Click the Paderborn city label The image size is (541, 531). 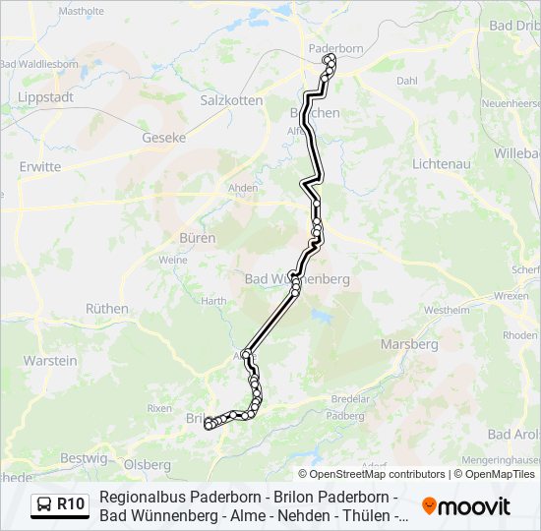click(336, 47)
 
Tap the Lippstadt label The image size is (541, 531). click(46, 98)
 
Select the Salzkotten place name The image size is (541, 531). click(231, 100)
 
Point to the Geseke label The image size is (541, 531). click(164, 138)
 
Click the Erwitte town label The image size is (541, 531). click(40, 167)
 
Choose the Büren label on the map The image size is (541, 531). click(197, 238)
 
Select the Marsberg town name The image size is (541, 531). click(410, 344)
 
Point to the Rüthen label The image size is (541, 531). click(107, 308)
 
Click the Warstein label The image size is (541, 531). click(50, 361)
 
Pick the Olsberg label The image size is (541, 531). click(148, 463)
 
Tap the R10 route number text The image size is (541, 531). click(71, 505)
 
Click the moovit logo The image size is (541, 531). click(466, 506)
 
